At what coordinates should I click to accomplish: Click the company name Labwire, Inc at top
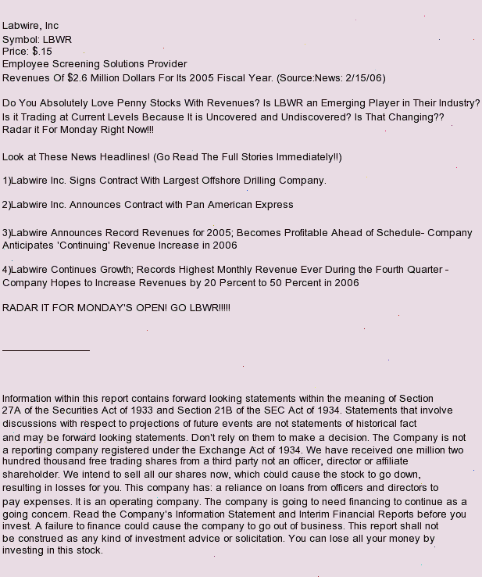(x=30, y=26)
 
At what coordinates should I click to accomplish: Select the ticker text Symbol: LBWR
(x=37, y=39)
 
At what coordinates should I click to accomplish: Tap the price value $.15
(x=42, y=52)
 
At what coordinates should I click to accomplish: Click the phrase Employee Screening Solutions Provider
(x=95, y=64)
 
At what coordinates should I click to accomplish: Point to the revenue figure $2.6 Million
(x=95, y=78)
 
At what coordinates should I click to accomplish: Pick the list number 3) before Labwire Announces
(x=7, y=233)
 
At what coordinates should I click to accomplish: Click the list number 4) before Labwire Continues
(x=7, y=270)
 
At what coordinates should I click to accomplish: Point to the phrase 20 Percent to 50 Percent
(x=260, y=283)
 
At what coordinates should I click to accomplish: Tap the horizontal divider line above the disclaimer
(x=46, y=350)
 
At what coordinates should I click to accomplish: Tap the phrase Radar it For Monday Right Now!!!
(x=78, y=130)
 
